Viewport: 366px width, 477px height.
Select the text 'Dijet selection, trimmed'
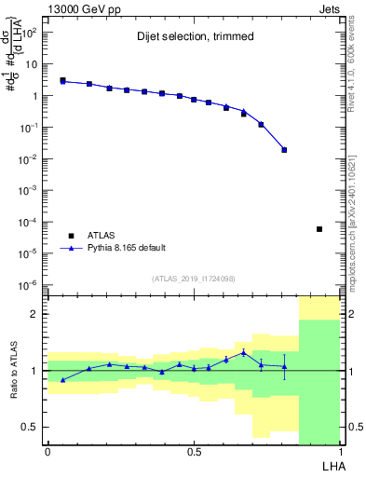tap(185, 37)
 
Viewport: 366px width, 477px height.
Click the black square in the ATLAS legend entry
tap(70, 236)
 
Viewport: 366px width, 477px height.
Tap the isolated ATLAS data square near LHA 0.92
tap(319, 229)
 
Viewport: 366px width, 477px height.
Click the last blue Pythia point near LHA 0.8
tap(284, 149)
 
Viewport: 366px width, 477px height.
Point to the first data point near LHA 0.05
tap(62, 80)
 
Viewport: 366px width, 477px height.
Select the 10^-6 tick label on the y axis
tap(29, 285)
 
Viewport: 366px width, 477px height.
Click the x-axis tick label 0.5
tap(194, 451)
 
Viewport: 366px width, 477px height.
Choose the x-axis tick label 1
tap(340, 451)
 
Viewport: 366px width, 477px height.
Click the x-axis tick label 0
tap(47, 451)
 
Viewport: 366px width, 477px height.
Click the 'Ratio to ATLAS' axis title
tap(13, 370)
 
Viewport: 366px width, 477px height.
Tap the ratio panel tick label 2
tap(34, 315)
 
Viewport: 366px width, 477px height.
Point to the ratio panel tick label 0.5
tap(31, 427)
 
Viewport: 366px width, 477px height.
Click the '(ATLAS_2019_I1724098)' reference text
tap(194, 279)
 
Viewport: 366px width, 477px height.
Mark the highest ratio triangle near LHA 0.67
tap(243, 352)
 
